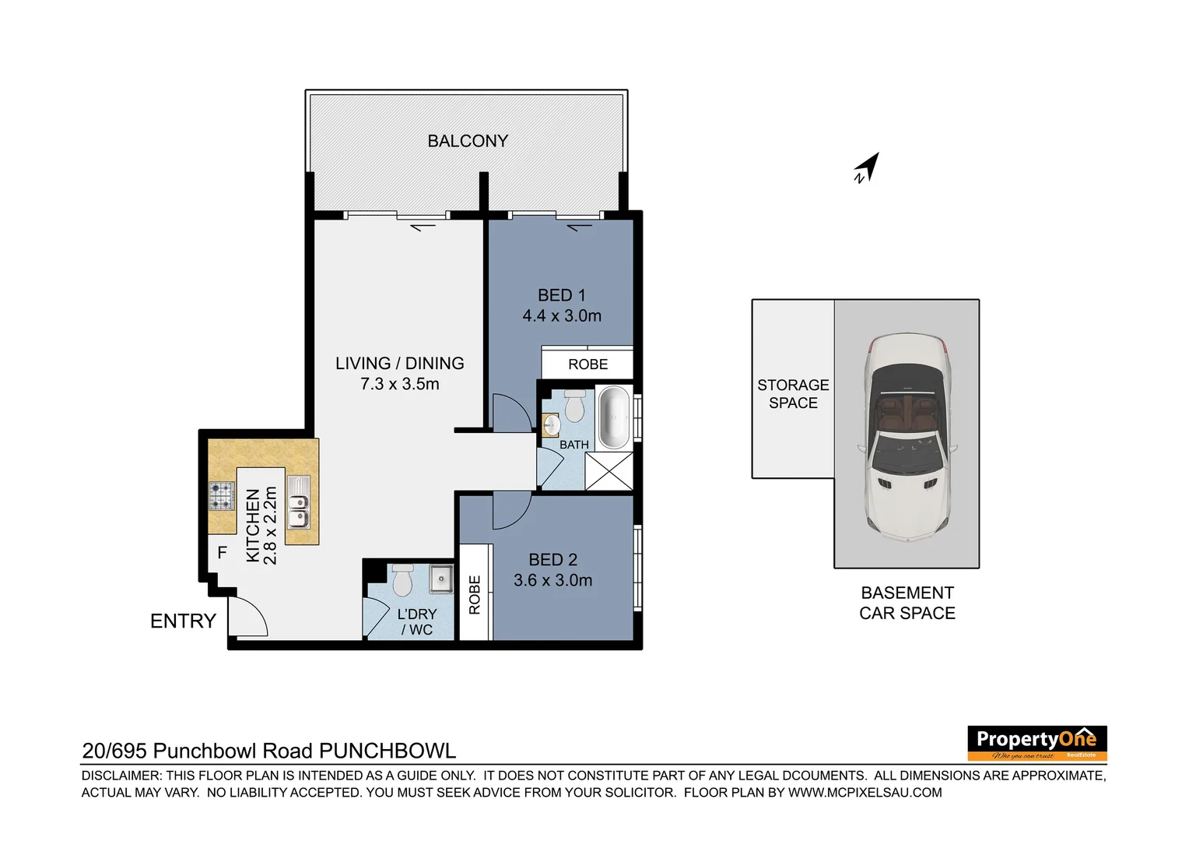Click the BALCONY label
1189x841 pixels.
(468, 141)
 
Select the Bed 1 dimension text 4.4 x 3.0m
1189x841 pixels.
(562, 316)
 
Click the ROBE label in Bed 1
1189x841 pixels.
(587, 364)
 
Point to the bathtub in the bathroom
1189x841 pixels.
(614, 417)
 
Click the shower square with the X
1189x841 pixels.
(609, 471)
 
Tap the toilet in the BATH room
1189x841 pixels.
(574, 406)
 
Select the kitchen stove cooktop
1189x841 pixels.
(222, 496)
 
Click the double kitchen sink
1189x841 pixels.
(298, 502)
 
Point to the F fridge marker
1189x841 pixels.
(223, 553)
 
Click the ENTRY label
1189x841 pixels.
(183, 621)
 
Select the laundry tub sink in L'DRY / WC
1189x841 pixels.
(441, 578)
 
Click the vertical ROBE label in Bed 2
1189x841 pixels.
(475, 595)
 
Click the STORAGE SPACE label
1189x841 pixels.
(793, 394)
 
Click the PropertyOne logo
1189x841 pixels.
(1036, 743)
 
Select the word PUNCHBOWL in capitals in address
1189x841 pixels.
(388, 751)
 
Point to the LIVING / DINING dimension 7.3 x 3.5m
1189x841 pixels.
(400, 385)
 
